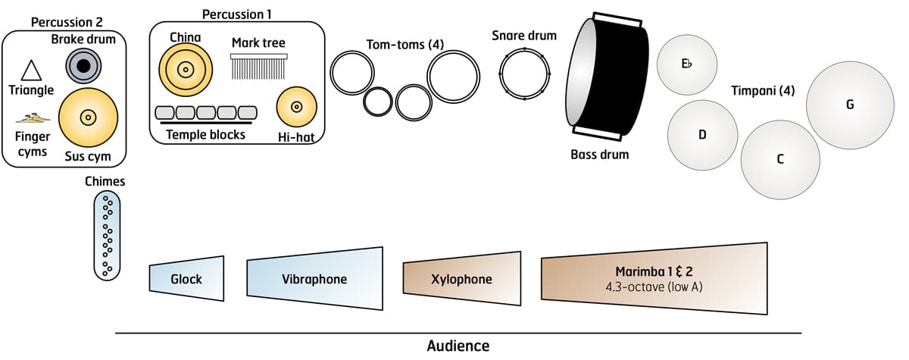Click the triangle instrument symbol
click(x=31, y=70)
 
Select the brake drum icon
click(x=83, y=66)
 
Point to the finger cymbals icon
click(x=33, y=117)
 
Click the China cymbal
click(x=183, y=69)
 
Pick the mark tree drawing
click(x=259, y=67)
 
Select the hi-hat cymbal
click(x=296, y=107)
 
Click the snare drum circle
click(x=524, y=73)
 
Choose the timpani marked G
click(x=850, y=105)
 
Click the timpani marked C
click(x=780, y=158)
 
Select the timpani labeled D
click(x=702, y=135)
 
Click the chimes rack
click(x=108, y=235)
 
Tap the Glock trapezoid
click(x=186, y=279)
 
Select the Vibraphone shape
click(x=315, y=279)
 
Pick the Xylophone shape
click(x=462, y=279)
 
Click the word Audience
click(x=458, y=346)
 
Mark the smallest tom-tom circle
click(x=377, y=101)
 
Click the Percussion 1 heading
click(x=237, y=14)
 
